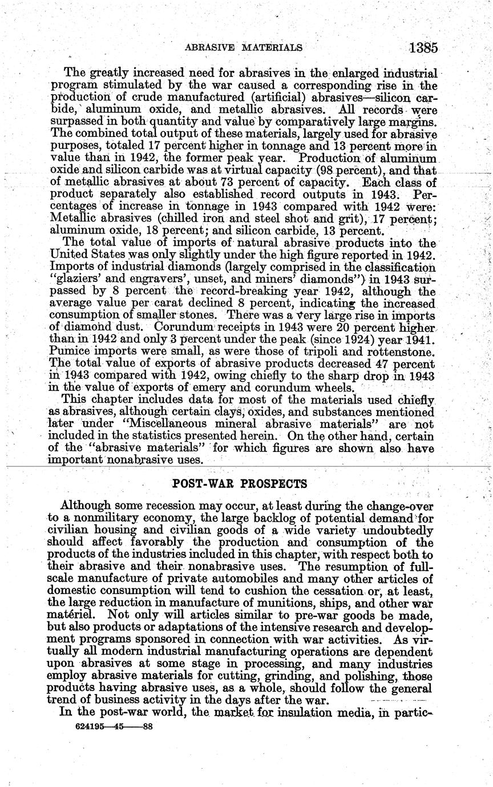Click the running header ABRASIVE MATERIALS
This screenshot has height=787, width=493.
244,47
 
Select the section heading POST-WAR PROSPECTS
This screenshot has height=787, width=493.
240,484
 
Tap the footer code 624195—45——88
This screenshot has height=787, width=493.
114,727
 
